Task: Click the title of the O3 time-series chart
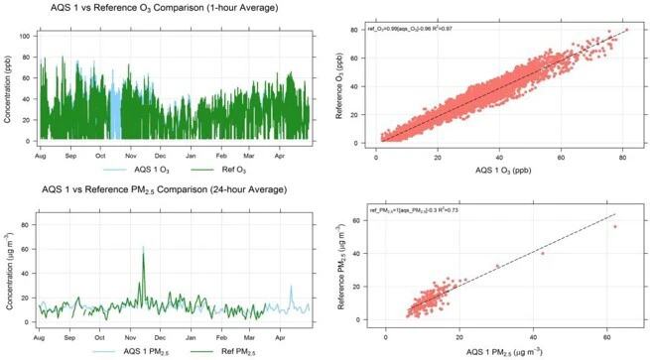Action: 164,8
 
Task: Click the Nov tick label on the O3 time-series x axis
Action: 131,155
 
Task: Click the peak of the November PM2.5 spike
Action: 143,248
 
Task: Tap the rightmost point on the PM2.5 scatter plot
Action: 615,227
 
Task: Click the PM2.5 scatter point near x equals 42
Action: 542,253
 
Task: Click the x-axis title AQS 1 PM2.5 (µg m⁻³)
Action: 506,350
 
